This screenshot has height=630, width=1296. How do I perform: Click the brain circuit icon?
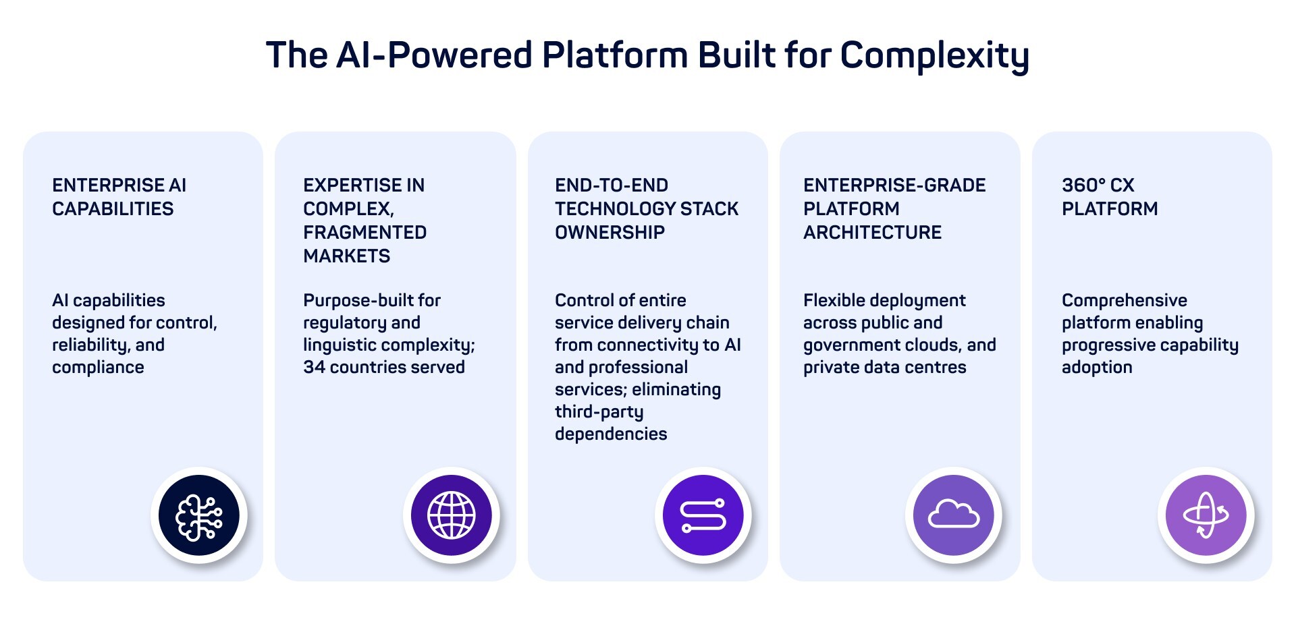pos(199,516)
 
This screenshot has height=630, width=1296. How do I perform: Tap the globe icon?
pos(452,516)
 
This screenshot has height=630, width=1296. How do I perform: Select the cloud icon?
pos(954,516)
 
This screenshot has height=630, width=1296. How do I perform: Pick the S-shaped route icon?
pos(703,516)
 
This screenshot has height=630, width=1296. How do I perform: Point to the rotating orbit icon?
pos(1206,516)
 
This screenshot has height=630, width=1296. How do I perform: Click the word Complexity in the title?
pos(934,55)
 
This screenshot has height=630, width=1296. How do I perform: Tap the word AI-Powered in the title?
pos(434,55)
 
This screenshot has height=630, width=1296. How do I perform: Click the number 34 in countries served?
pos(314,368)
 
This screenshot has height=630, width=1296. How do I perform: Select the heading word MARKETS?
pos(346,256)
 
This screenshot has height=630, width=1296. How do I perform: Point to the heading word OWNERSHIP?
pos(610,233)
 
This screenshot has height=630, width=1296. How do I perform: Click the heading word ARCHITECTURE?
pos(872,233)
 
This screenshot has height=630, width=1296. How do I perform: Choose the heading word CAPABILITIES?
pos(113,209)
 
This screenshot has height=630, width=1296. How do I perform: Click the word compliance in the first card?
pos(98,368)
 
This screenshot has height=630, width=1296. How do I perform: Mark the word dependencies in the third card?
pos(611,434)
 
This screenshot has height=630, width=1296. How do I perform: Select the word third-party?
pos(599,412)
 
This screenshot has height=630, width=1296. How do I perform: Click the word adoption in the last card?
pos(1097,368)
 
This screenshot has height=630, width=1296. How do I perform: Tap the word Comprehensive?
pos(1124,301)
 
